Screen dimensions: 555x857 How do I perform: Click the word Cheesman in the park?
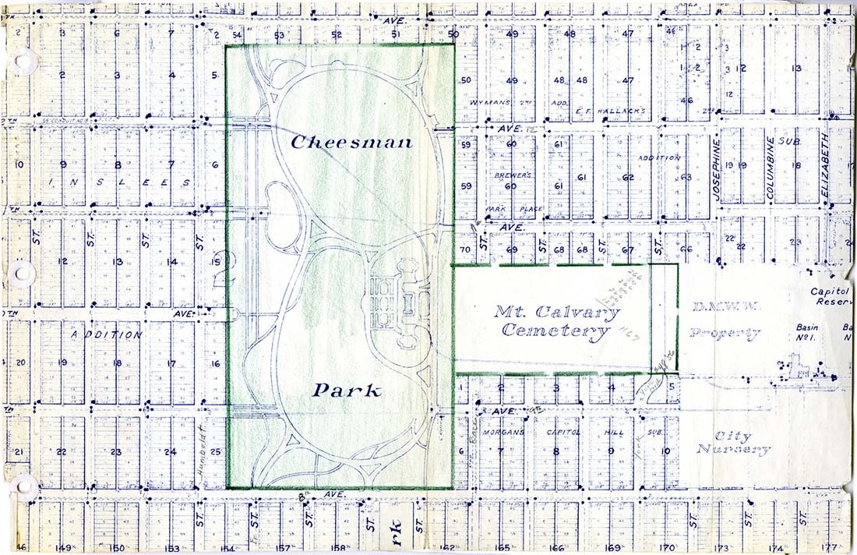pos(351,143)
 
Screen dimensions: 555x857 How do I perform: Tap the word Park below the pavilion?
pos(347,390)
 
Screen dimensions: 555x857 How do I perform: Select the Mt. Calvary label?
pos(558,313)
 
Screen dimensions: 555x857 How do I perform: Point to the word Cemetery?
pos(555,331)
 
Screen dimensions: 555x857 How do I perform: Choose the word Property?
pos(725,334)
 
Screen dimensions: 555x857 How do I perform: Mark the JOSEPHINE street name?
pos(716,169)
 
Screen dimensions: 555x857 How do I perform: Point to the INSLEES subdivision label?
pos(118,182)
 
